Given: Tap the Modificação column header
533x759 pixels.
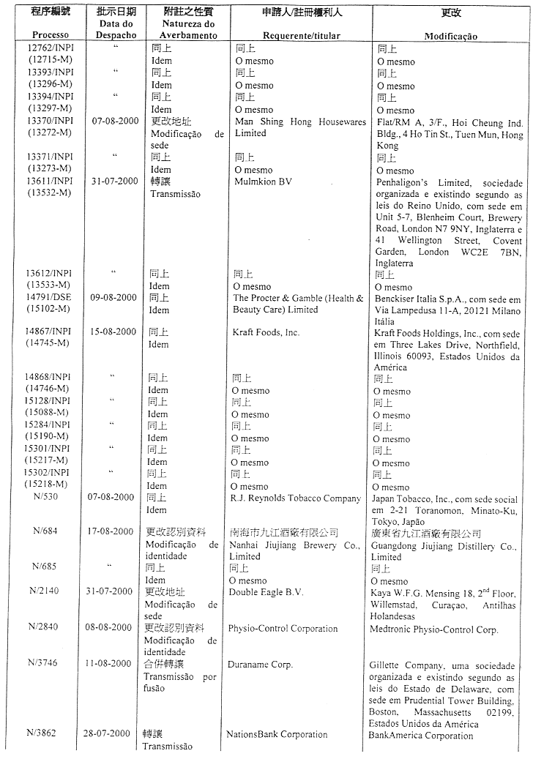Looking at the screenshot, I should (x=450, y=36).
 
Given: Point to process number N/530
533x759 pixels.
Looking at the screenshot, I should (x=47, y=497).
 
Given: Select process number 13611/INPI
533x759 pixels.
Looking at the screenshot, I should (x=49, y=182).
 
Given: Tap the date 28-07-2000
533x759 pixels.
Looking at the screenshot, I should (x=112, y=733).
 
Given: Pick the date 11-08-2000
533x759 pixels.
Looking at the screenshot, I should (x=112, y=664).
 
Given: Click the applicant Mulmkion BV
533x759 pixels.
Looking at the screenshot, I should (x=264, y=182).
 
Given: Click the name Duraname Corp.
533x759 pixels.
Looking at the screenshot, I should (x=260, y=665).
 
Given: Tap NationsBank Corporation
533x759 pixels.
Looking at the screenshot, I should (x=277, y=734).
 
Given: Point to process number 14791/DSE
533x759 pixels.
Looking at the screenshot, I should (x=49, y=298).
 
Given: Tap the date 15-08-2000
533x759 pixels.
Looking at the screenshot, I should (x=112, y=332).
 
